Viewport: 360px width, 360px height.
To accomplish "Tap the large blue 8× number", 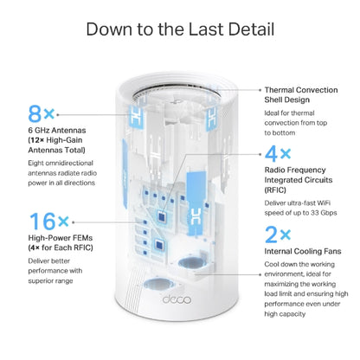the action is (x=42, y=113).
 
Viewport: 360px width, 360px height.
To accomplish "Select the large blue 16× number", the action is (x=49, y=222).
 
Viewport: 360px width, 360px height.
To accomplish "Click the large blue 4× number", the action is (x=278, y=153).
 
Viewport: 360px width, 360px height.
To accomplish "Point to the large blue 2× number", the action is (x=278, y=235).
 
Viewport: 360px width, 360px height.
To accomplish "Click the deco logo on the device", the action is (x=177, y=299).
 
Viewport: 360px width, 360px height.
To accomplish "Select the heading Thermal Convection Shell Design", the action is (x=301, y=95).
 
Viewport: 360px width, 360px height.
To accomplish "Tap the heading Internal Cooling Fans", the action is (x=303, y=251).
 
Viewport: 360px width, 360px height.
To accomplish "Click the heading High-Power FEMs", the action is (x=61, y=238).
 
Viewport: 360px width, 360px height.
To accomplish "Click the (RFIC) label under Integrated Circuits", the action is (x=275, y=190).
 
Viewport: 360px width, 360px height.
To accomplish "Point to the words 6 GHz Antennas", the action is (x=57, y=130).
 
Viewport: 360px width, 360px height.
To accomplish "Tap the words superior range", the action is (x=50, y=281).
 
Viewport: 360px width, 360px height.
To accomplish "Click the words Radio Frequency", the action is (x=295, y=170).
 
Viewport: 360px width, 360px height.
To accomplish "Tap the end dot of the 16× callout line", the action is (x=74, y=222).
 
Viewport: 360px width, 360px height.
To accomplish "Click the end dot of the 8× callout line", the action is (x=58, y=114).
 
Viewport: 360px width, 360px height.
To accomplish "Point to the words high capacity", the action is (x=285, y=314).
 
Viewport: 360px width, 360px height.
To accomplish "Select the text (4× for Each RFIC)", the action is (x=61, y=247).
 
